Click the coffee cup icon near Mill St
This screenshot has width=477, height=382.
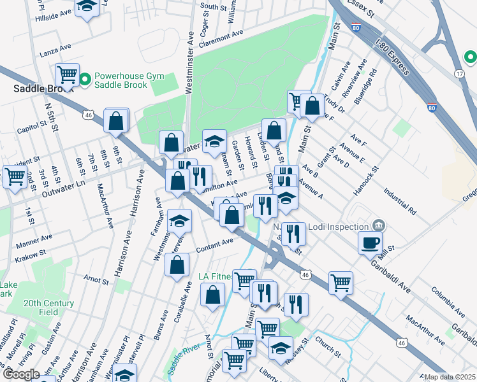point(370,241)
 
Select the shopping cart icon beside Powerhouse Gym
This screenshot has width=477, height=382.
point(67,75)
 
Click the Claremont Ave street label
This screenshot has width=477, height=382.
point(221,37)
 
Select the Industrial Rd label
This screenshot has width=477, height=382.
point(400,200)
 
